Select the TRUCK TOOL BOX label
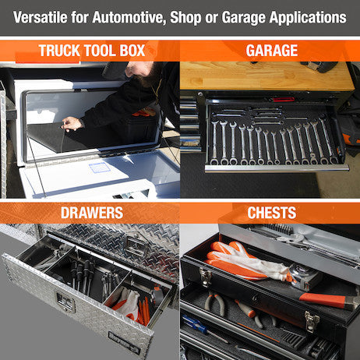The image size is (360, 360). click(91, 51)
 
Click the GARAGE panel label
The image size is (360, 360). click(271, 51)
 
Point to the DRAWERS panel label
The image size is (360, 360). click(91, 213)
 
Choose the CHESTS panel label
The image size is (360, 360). click(271, 213)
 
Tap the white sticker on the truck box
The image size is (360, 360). click(99, 167)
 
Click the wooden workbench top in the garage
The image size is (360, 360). click(265, 76)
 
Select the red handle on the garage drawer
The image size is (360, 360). click(284, 100)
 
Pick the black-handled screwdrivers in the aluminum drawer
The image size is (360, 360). click(82, 273)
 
